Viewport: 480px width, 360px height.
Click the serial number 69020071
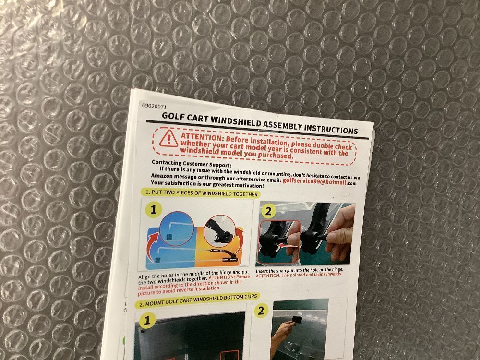[x=154, y=107]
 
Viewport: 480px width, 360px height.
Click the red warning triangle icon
[x=168, y=138]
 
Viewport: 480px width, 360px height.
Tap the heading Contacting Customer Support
[x=192, y=164]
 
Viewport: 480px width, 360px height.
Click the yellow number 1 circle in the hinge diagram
[x=154, y=210]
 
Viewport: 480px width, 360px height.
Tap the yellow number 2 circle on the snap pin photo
[x=268, y=211]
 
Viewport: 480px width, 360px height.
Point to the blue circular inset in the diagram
[x=177, y=228]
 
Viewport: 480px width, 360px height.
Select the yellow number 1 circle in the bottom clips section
[x=147, y=321]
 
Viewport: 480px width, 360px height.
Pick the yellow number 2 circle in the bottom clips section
[x=261, y=311]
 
